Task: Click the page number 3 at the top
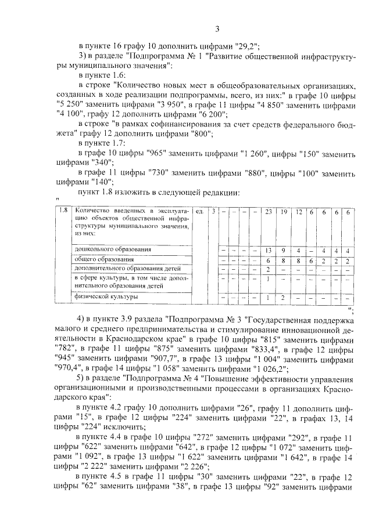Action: [217, 30]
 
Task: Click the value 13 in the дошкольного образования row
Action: [269, 251]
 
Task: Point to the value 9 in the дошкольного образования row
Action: [284, 251]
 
